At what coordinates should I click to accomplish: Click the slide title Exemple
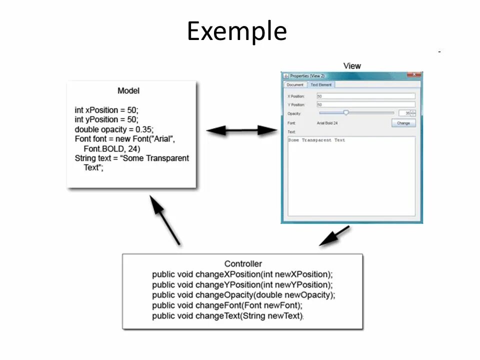pyautogui.click(x=236, y=31)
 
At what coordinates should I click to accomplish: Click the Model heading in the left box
pyautogui.click(x=128, y=90)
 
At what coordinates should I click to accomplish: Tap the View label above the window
pyautogui.click(x=352, y=66)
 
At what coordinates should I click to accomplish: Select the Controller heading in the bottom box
pyautogui.click(x=243, y=263)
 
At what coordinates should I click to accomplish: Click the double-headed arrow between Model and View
pyautogui.click(x=241, y=130)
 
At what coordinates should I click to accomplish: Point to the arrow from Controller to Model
pyautogui.click(x=165, y=219)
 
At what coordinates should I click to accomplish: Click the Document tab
pyautogui.click(x=295, y=85)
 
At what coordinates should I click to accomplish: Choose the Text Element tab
pyautogui.click(x=321, y=85)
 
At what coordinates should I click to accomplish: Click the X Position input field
pyautogui.click(x=365, y=96)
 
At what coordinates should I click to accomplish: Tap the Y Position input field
pyautogui.click(x=365, y=105)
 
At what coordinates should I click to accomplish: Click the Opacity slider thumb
pyautogui.click(x=345, y=113)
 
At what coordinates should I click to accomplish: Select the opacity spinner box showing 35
pyautogui.click(x=404, y=113)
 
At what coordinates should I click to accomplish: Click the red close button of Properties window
pyautogui.click(x=414, y=75)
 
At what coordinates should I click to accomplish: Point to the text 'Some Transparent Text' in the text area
pyautogui.click(x=316, y=140)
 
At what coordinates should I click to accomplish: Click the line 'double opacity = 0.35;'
pyautogui.click(x=114, y=129)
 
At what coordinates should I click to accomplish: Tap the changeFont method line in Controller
pyautogui.click(x=227, y=305)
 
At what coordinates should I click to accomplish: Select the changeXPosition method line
pyautogui.click(x=242, y=274)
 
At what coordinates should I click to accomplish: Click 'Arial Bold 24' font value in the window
pyautogui.click(x=327, y=122)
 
